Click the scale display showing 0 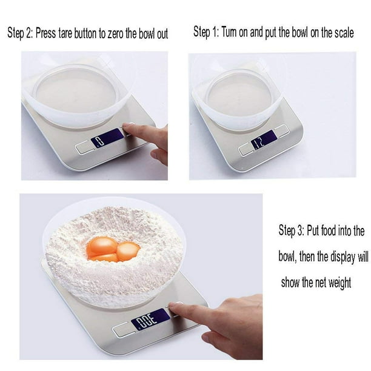(x=108, y=138)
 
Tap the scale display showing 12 (x=264, y=139)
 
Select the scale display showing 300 (x=151, y=319)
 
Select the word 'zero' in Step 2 (x=115, y=34)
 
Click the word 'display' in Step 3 (x=343, y=256)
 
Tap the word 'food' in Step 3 (x=329, y=230)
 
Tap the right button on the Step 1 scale (x=282, y=129)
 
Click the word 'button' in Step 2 (x=85, y=33)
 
